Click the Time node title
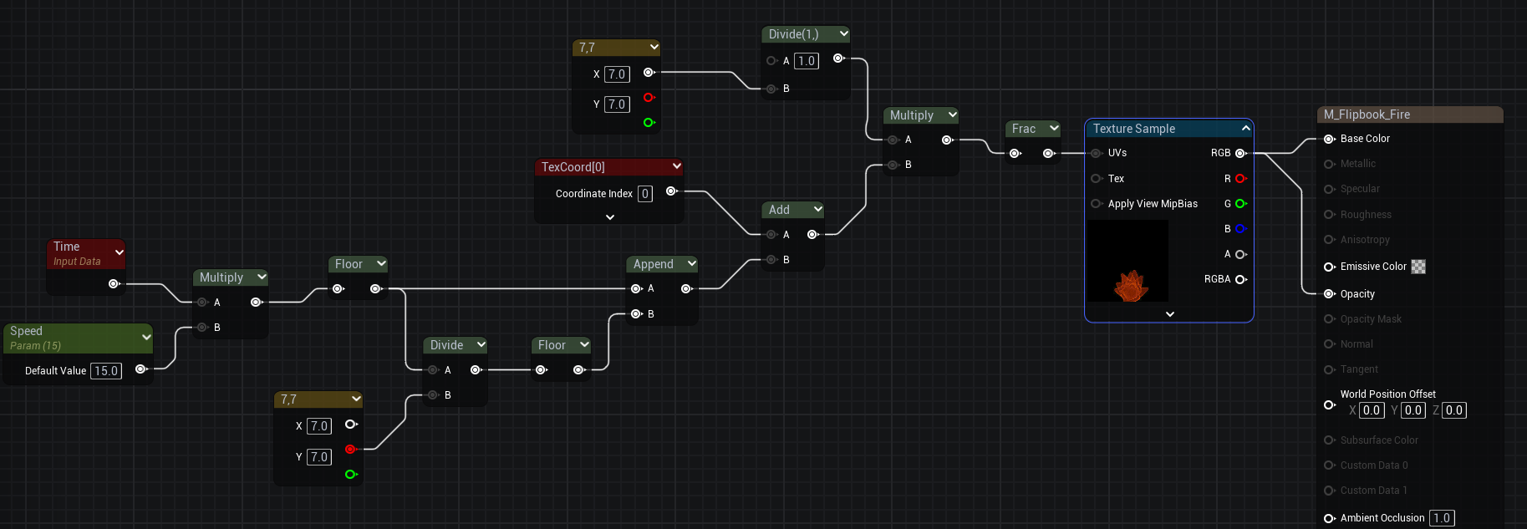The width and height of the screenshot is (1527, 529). [x=67, y=247]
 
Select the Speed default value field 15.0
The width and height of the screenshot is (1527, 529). [x=106, y=371]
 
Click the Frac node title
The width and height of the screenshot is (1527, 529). [x=1023, y=129]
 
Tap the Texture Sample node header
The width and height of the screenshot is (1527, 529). [x=1134, y=129]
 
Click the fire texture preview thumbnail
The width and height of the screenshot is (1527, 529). [x=1127, y=262]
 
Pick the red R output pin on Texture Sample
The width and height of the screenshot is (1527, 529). [x=1240, y=179]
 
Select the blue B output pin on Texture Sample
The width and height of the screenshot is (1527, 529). [x=1240, y=229]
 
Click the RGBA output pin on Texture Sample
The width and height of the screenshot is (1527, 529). [x=1240, y=279]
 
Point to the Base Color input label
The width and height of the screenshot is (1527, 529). [x=1365, y=139]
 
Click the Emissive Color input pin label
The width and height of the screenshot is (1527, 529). [x=1373, y=267]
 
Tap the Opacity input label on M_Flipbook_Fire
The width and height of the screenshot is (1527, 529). [x=1357, y=294]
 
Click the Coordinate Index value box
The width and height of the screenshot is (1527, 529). [x=645, y=194]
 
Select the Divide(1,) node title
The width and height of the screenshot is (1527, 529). [x=793, y=34]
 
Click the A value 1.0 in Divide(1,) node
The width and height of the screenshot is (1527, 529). [x=806, y=61]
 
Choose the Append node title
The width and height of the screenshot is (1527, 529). [x=653, y=264]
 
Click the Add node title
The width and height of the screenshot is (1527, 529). [x=779, y=210]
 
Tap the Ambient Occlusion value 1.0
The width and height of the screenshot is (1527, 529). [x=1442, y=518]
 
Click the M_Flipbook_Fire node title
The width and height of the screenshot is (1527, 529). [x=1367, y=114]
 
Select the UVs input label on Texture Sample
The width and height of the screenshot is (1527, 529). [x=1117, y=153]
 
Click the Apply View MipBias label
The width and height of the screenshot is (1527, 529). [x=1153, y=204]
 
